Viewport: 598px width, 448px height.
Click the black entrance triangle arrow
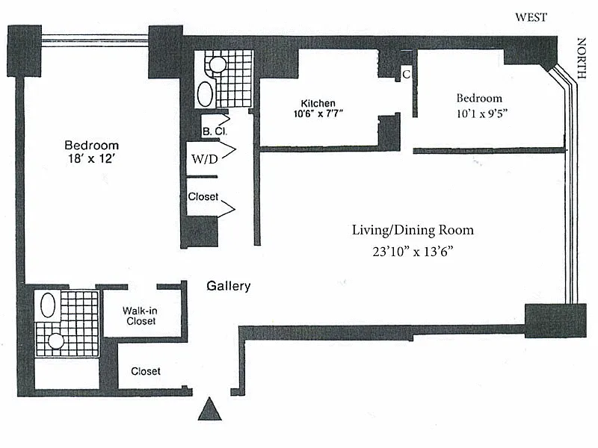click(210, 409)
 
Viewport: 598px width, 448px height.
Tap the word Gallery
click(229, 286)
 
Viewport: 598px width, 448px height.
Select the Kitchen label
click(318, 103)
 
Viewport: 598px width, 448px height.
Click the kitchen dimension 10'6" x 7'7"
click(318, 113)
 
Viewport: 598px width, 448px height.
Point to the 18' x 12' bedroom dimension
click(91, 158)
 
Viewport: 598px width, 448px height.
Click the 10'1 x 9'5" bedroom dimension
click(481, 113)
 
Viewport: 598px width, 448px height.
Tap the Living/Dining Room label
click(413, 231)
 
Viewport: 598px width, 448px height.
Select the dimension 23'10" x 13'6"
click(413, 252)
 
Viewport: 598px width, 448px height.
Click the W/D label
click(205, 159)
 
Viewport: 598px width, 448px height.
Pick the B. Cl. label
click(215, 131)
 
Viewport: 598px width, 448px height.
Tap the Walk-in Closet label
click(141, 316)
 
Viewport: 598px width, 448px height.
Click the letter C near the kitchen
click(407, 74)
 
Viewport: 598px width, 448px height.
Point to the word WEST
click(531, 17)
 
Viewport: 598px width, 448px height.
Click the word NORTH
click(582, 58)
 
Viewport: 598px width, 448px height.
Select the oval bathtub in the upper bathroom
click(205, 94)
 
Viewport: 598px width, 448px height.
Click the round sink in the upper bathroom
click(218, 65)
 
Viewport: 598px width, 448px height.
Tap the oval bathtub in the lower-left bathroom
click(48, 305)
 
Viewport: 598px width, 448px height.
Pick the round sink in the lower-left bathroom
click(56, 341)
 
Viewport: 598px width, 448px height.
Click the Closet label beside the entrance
click(146, 371)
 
